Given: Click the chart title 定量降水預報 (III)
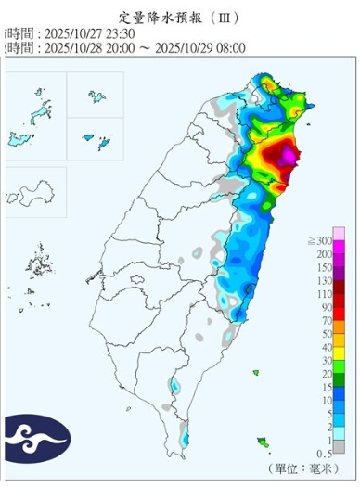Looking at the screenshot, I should tap(181, 16).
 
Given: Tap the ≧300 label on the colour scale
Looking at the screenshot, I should tap(325, 240).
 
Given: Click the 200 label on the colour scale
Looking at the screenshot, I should tap(326, 253).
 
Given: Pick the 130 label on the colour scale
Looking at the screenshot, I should tap(326, 279).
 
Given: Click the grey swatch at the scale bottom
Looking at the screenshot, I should tap(341, 446).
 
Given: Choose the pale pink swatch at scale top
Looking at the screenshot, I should tap(341, 233).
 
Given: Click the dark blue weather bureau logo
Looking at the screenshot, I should tap(36, 439).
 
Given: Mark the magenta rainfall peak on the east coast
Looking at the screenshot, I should tap(289, 156).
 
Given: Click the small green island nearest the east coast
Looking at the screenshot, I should tap(256, 373).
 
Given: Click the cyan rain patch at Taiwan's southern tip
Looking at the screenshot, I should tap(186, 438).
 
